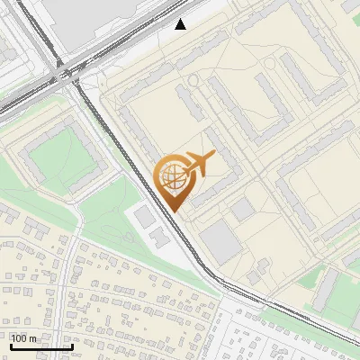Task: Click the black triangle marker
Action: (x=181, y=24)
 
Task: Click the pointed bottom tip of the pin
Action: (x=173, y=211)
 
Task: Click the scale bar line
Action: (x=41, y=346)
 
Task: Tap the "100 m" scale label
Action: (x=24, y=338)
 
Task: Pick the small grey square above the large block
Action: (x=242, y=210)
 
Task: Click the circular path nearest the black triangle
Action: (x=193, y=83)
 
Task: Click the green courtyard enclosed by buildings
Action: (x=63, y=160)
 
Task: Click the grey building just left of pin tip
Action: (x=145, y=216)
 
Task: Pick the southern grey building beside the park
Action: (x=158, y=238)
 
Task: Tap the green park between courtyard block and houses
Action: (x=108, y=220)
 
